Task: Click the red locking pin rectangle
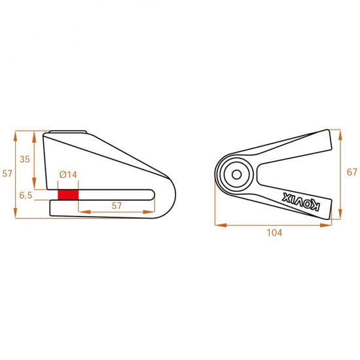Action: pos(68,195)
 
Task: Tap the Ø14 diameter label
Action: pos(68,174)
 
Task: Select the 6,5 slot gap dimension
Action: pos(26,195)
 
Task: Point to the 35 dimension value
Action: pos(25,159)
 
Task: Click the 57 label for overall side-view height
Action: pos(7,174)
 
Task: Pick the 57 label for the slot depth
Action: pos(117,206)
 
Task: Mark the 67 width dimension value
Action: pos(351,173)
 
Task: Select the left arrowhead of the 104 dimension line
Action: pos(219,225)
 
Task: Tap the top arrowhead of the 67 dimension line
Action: pos(340,132)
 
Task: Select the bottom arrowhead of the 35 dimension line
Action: pos(34,187)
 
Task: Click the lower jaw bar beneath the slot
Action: pos(98,207)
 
